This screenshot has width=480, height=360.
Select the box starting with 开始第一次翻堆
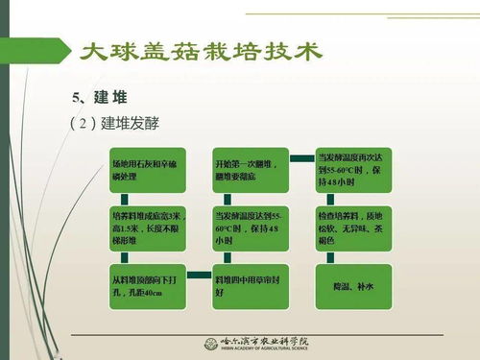coord(247,169)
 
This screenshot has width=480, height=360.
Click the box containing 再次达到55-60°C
coord(352,169)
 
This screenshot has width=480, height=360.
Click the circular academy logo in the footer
coord(209,345)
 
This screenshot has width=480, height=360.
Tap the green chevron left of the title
coord(65,50)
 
